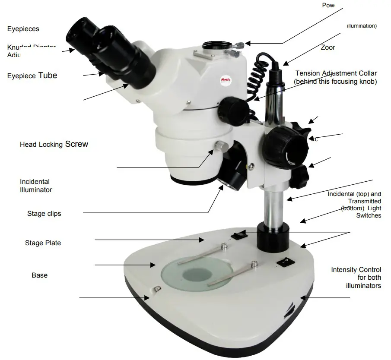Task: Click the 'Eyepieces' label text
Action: pyautogui.click(x=23, y=29)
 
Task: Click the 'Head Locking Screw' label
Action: pyautogui.click(x=54, y=144)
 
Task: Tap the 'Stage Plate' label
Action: pyautogui.click(x=43, y=243)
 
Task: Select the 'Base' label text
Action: pyautogui.click(x=39, y=275)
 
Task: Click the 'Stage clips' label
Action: pyautogui.click(x=44, y=214)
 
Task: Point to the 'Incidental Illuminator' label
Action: pyautogui.click(x=36, y=186)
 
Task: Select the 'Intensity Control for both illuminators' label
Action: pyautogui.click(x=356, y=278)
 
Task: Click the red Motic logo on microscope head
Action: pyautogui.click(x=220, y=80)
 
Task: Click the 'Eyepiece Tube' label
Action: pyautogui.click(x=32, y=76)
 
